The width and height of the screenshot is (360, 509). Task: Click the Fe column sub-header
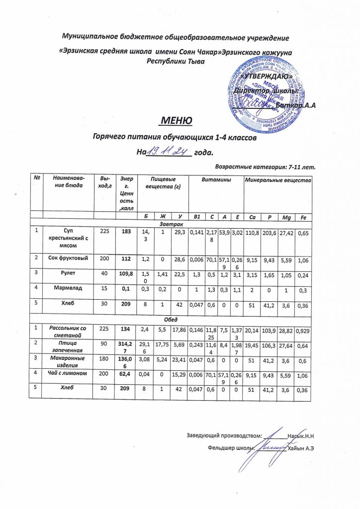point(302,217)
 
